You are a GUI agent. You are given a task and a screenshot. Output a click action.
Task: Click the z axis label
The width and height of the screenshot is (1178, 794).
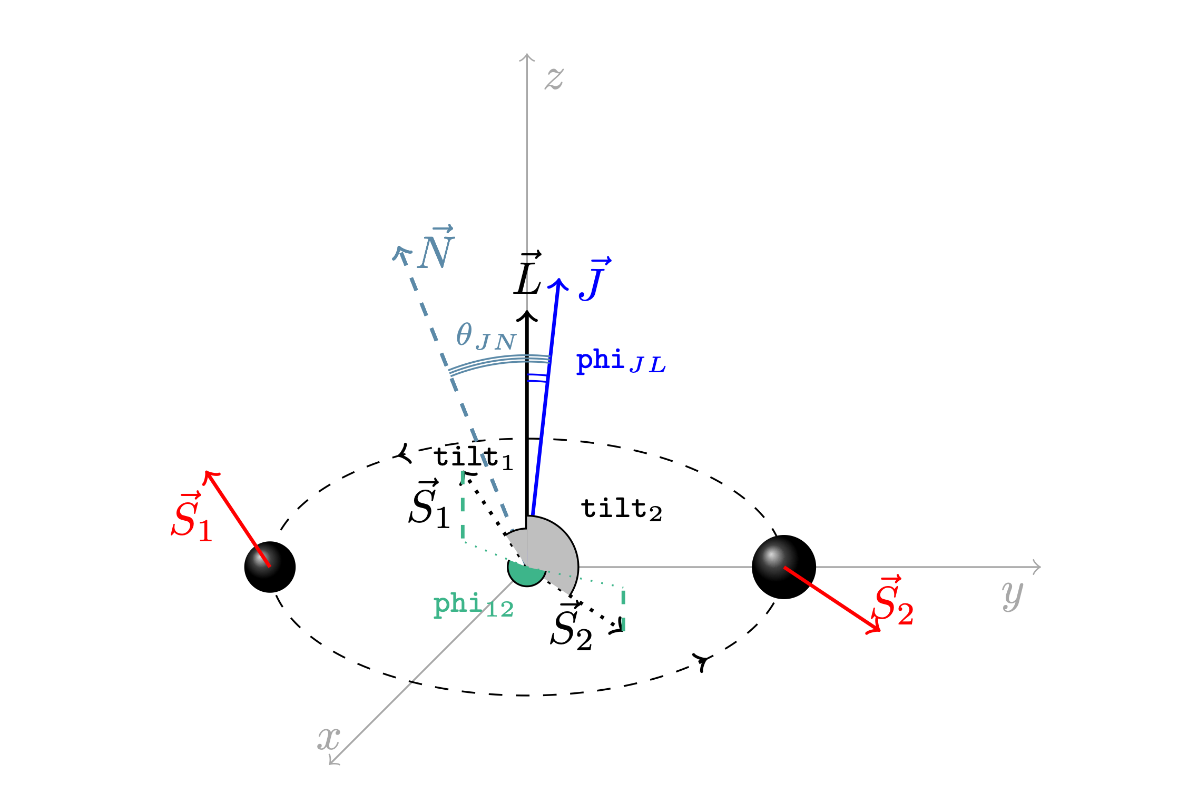pyautogui.click(x=554, y=79)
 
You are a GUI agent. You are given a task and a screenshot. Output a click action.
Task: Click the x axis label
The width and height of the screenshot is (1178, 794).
pyautogui.click(x=328, y=739)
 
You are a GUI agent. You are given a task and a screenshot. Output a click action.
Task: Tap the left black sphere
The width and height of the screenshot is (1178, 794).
pyautogui.click(x=270, y=567)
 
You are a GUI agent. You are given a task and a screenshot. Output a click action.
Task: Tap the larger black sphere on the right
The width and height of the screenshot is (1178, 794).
pyautogui.click(x=784, y=567)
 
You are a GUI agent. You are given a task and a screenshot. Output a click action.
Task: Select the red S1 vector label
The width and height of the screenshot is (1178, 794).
pyautogui.click(x=192, y=517)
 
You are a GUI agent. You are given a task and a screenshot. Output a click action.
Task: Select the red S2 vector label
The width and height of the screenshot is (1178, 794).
pyautogui.click(x=892, y=601)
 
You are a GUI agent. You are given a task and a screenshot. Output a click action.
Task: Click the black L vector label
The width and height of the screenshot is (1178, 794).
pyautogui.click(x=528, y=273)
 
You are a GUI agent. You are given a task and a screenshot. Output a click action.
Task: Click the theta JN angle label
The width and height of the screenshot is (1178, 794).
pyautogui.click(x=486, y=336)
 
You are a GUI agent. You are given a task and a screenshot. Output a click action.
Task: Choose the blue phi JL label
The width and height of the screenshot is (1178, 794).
pyautogui.click(x=621, y=361)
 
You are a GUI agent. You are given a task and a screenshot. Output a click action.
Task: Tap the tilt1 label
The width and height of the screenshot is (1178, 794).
pyautogui.click(x=473, y=458)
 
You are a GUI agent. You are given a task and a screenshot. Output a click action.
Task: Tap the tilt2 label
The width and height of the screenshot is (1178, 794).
pyautogui.click(x=621, y=509)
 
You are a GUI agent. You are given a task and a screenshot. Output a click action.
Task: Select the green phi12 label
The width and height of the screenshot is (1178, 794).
pyautogui.click(x=473, y=605)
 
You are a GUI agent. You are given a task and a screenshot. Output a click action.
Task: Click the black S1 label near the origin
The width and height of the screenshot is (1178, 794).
pyautogui.click(x=429, y=504)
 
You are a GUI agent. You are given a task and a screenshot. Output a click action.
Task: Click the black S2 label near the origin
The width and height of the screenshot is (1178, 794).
pyautogui.click(x=572, y=627)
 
